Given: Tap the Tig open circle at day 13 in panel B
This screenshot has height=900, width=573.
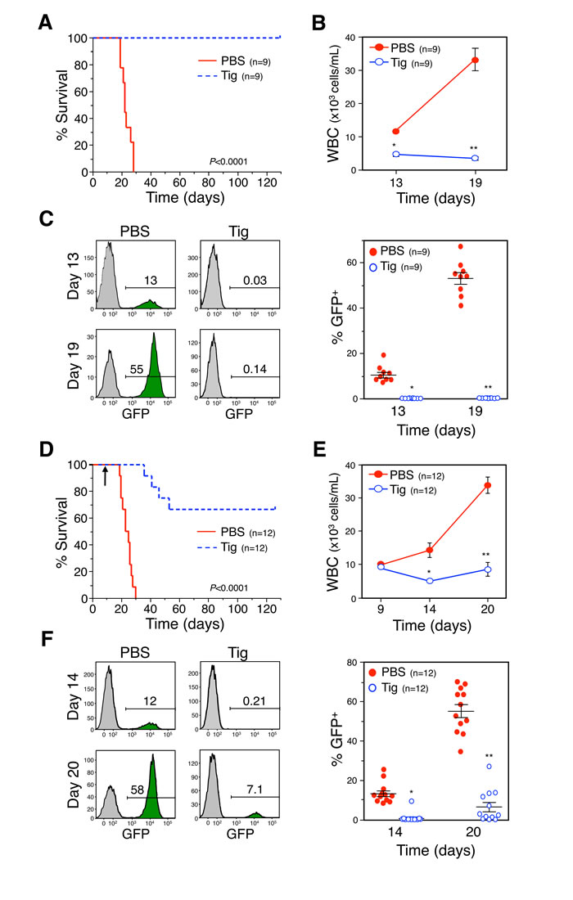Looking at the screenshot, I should click(x=396, y=154).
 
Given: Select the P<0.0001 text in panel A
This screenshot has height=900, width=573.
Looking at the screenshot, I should click(x=249, y=162).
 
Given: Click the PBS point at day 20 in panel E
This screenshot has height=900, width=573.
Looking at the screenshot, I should click(x=488, y=485).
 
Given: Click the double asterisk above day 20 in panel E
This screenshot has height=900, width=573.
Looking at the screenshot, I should click(x=488, y=554).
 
